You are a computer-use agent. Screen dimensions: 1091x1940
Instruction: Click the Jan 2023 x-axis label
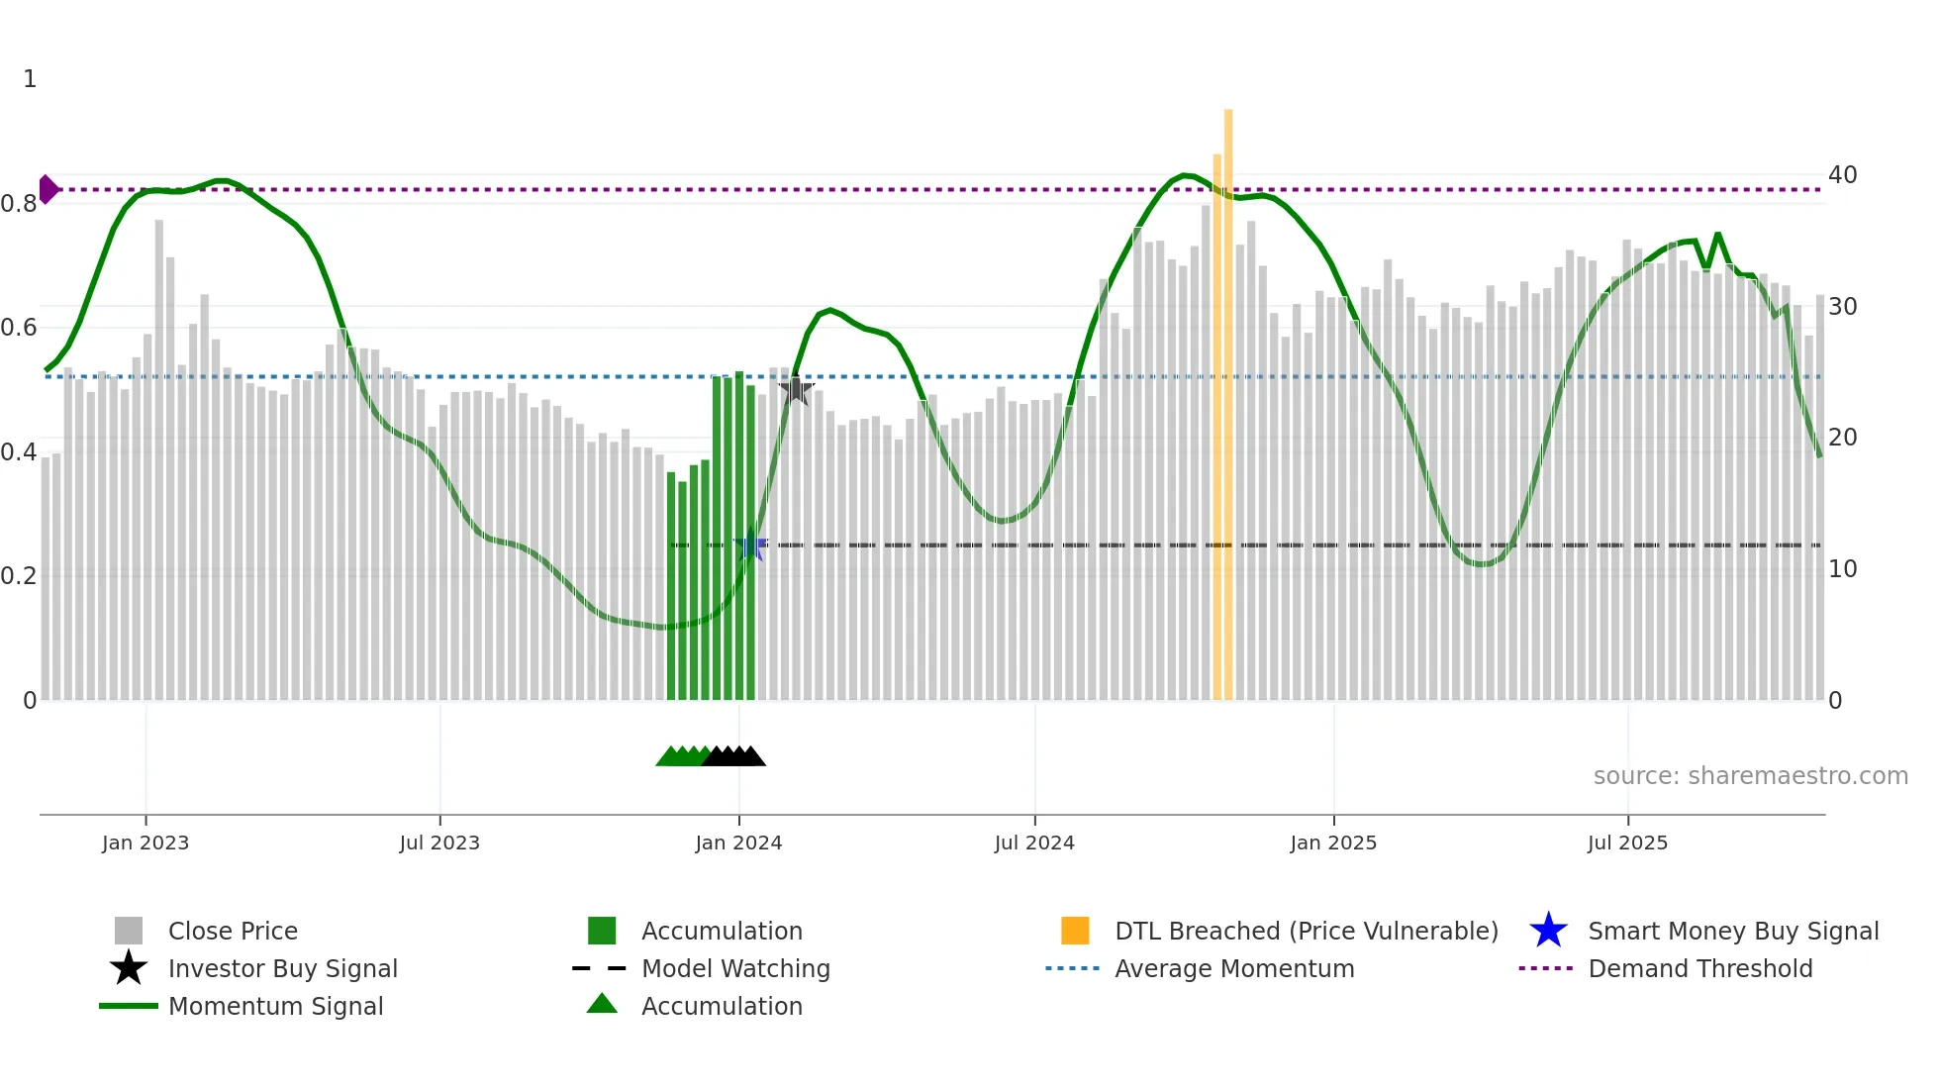(x=145, y=843)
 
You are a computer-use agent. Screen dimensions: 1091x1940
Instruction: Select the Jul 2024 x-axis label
(x=1034, y=843)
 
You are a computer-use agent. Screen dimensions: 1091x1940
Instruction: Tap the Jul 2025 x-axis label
(x=1627, y=843)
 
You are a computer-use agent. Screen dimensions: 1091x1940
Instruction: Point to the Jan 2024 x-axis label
(x=738, y=843)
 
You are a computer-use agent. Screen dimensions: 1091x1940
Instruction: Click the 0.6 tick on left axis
(x=19, y=328)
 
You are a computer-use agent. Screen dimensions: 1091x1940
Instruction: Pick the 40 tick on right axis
(x=1842, y=175)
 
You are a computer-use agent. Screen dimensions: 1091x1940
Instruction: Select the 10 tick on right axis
(x=1842, y=569)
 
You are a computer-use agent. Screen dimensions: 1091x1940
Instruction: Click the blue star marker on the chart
(x=751, y=546)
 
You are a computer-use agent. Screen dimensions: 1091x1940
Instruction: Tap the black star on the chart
(x=795, y=390)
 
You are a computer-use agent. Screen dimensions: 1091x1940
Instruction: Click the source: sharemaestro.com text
(x=1750, y=776)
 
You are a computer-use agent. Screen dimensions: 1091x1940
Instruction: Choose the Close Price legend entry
(x=233, y=932)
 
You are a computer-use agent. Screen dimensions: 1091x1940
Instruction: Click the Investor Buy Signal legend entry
(x=282, y=969)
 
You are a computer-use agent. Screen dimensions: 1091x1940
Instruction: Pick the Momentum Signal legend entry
(x=275, y=1007)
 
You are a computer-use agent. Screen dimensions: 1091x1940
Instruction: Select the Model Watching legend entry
(x=735, y=969)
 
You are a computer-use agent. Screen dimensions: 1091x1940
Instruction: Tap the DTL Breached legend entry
(x=1306, y=932)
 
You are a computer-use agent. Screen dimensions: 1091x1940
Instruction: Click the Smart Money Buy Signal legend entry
(x=1732, y=932)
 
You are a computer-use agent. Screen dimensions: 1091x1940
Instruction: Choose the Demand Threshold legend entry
(x=1699, y=969)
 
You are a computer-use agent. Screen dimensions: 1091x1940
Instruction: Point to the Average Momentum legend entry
(x=1234, y=969)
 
